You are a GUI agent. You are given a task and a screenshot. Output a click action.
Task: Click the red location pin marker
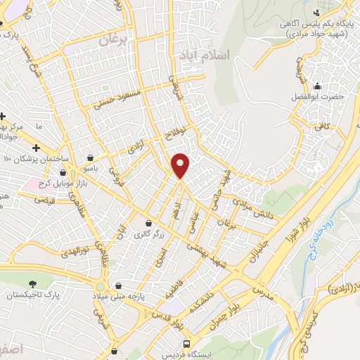coord(181,165)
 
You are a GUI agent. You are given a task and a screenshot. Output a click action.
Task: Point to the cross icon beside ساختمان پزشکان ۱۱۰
coord(36,147)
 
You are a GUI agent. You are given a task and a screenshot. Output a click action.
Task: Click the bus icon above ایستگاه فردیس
coord(186,344)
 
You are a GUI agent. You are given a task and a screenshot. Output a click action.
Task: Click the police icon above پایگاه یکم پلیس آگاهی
coord(318,12)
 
